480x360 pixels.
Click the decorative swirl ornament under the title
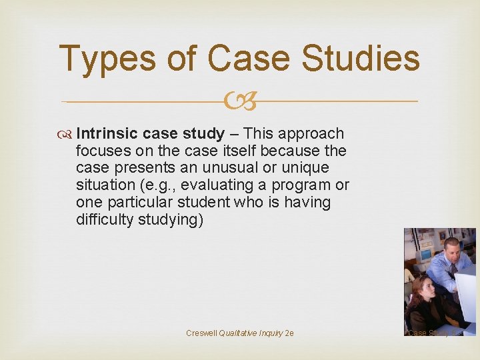point(240,101)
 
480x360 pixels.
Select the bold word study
point(202,133)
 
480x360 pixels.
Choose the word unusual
point(233,168)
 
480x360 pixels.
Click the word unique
point(306,168)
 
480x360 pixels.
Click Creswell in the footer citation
point(202,333)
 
